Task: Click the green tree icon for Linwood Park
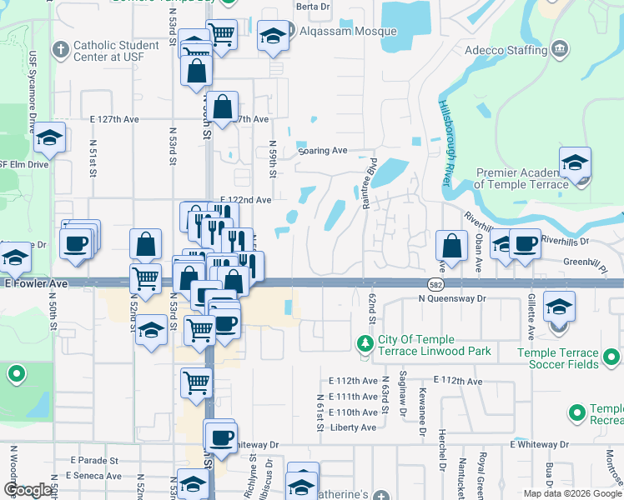click(x=364, y=342)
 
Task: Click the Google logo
click(x=28, y=490)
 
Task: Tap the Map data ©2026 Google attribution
click(x=572, y=493)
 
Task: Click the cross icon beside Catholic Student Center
click(x=60, y=50)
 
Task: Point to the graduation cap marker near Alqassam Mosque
click(x=272, y=36)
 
